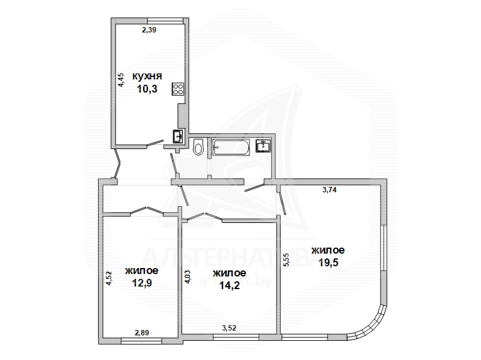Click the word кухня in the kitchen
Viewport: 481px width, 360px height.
coord(147,76)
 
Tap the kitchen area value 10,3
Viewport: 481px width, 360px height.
coord(147,89)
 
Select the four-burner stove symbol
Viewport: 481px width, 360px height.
coord(178,89)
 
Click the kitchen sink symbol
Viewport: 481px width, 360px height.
coord(178,136)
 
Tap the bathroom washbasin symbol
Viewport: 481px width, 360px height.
coord(263,145)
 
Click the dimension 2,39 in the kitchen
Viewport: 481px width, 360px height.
coord(149,30)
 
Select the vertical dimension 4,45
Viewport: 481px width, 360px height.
coord(121,80)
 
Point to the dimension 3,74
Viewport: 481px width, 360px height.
coord(329,190)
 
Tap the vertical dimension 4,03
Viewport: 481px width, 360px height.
coord(188,276)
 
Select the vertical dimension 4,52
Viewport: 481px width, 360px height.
coord(109,278)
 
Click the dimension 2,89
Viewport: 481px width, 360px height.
coord(142,333)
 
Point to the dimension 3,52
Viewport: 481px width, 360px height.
coord(229,328)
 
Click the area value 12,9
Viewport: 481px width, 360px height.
coord(142,282)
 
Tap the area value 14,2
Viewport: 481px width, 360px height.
coord(230,285)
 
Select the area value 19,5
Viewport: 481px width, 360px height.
coord(328,263)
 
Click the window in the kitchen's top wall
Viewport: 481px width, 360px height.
coord(165,20)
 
